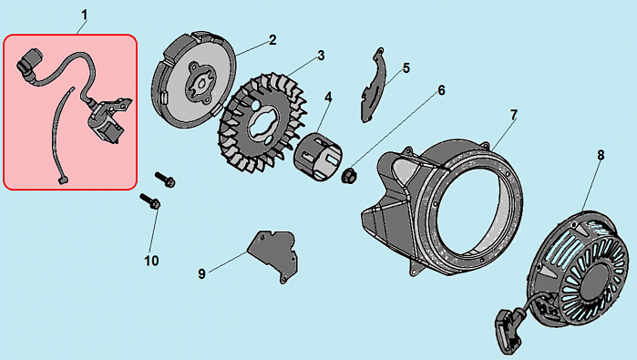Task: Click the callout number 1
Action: pyautogui.click(x=84, y=15)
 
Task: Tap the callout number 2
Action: pyautogui.click(x=272, y=40)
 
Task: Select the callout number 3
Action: pyautogui.click(x=321, y=56)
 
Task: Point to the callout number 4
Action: pyautogui.click(x=328, y=98)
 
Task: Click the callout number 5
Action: pyautogui.click(x=406, y=68)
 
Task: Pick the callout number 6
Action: pyautogui.click(x=442, y=90)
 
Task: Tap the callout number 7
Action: pyautogui.click(x=514, y=116)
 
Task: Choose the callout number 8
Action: pyautogui.click(x=601, y=155)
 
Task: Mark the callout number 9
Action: pyautogui.click(x=201, y=273)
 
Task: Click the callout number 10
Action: pyautogui.click(x=151, y=261)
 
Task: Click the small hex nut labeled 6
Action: pyautogui.click(x=348, y=175)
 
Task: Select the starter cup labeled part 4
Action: pyautogui.click(x=319, y=157)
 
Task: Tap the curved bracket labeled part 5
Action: pyautogui.click(x=373, y=87)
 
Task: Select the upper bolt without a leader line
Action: pyautogui.click(x=165, y=180)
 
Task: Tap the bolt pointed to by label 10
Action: pyautogui.click(x=150, y=201)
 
